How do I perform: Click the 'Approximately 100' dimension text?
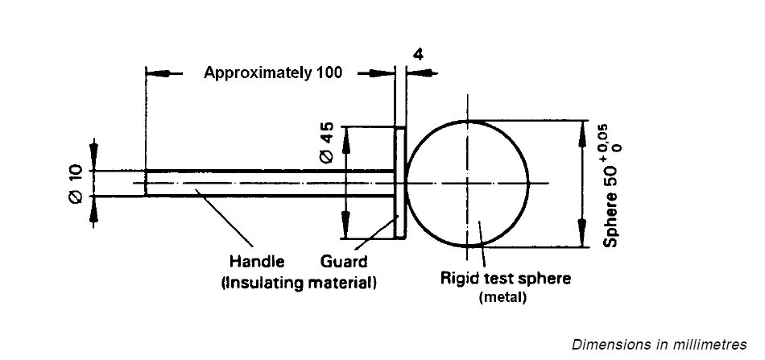[x=272, y=72]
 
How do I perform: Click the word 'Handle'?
[x=257, y=261]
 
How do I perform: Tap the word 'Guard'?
[x=344, y=261]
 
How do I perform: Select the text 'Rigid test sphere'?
[x=506, y=279]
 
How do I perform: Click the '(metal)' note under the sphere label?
[x=502, y=297]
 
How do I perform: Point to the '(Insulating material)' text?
[x=298, y=283]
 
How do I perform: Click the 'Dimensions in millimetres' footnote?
[x=660, y=344]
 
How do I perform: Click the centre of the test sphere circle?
[x=467, y=183]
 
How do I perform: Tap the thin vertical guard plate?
[x=399, y=183]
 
